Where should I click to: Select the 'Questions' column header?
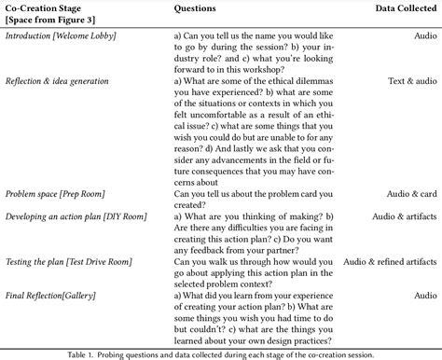[199, 8]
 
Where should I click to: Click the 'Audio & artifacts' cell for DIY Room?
[399, 215]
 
